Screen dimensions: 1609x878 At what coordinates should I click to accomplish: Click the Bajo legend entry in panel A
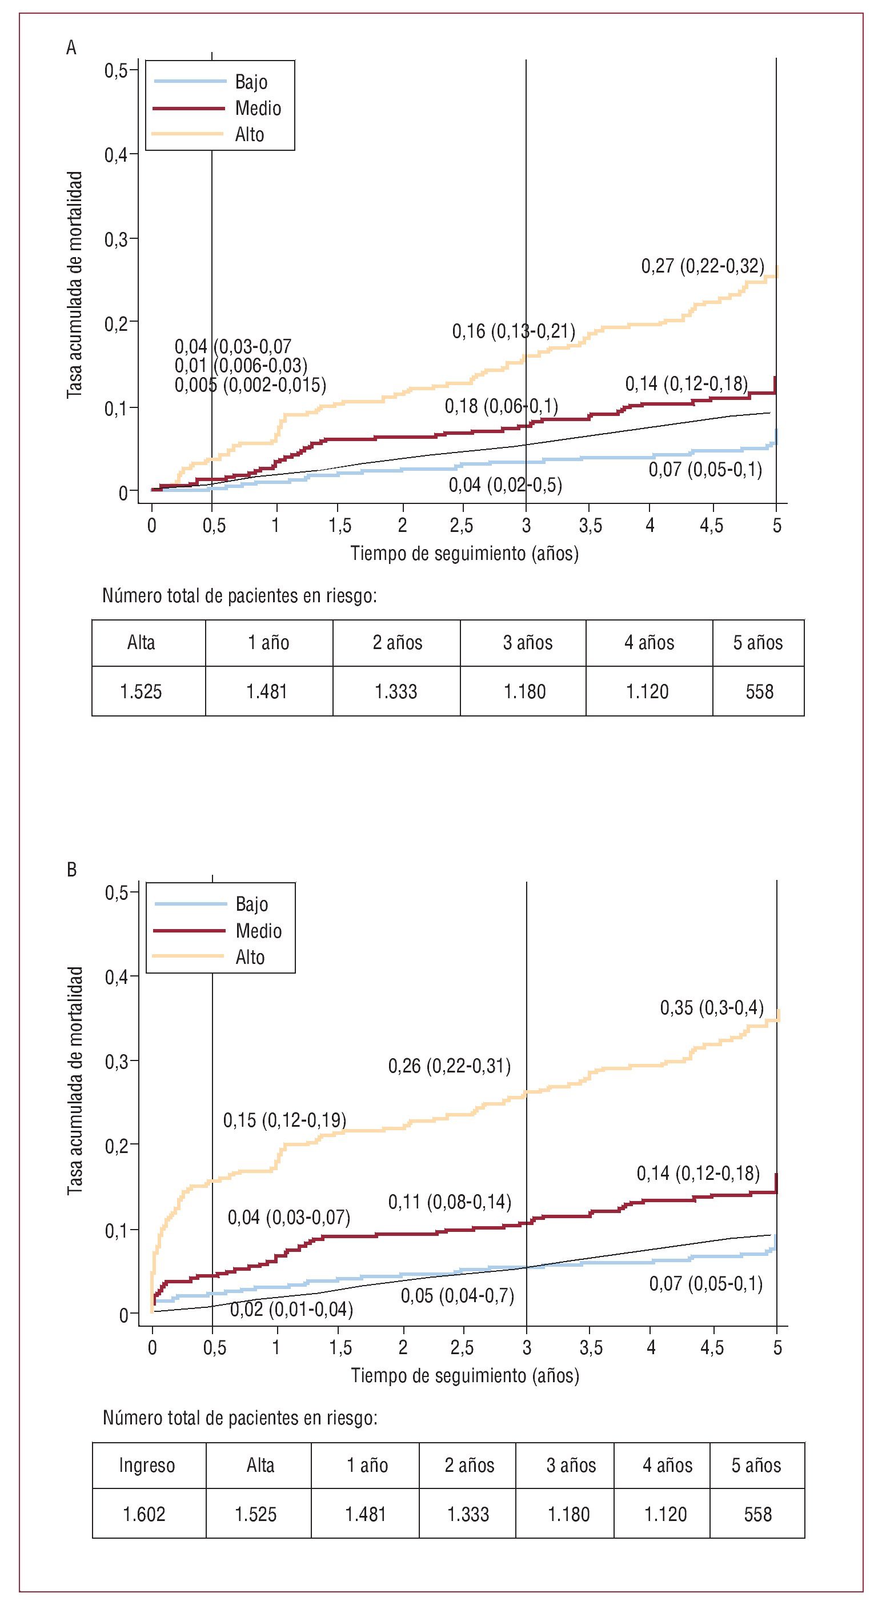pos(251,82)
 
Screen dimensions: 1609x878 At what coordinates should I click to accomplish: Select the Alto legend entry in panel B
pos(250,957)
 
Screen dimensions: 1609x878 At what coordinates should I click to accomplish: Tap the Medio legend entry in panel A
pos(258,108)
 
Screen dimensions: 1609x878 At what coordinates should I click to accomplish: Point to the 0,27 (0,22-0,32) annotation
pos(703,266)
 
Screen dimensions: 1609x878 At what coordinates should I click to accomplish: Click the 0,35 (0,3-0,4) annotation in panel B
pos(712,1007)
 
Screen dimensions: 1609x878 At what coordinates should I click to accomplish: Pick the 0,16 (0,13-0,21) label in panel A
pos(514,331)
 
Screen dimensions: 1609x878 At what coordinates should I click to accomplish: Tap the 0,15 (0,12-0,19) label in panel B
pos(284,1120)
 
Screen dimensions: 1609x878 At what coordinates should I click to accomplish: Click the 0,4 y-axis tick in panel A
pos(116,155)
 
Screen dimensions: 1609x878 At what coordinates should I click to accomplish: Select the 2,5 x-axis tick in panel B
pos(462,1348)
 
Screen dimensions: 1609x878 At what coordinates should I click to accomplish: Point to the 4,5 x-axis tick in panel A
pos(711,526)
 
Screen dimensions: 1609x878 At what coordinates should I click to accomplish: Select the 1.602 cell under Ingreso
pos(145,1514)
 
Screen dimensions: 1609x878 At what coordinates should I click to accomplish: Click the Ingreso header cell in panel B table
pos(147,1466)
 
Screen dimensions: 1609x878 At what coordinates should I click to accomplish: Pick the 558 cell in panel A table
pos(759,691)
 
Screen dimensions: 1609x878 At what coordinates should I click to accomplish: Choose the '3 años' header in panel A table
pos(528,643)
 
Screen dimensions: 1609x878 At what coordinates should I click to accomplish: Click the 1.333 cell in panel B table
pos(468,1514)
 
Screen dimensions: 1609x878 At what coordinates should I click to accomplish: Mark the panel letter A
pos(71,47)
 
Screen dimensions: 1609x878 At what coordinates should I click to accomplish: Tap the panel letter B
pos(71,870)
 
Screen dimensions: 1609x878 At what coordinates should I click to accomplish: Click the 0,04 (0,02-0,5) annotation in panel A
pos(505,485)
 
